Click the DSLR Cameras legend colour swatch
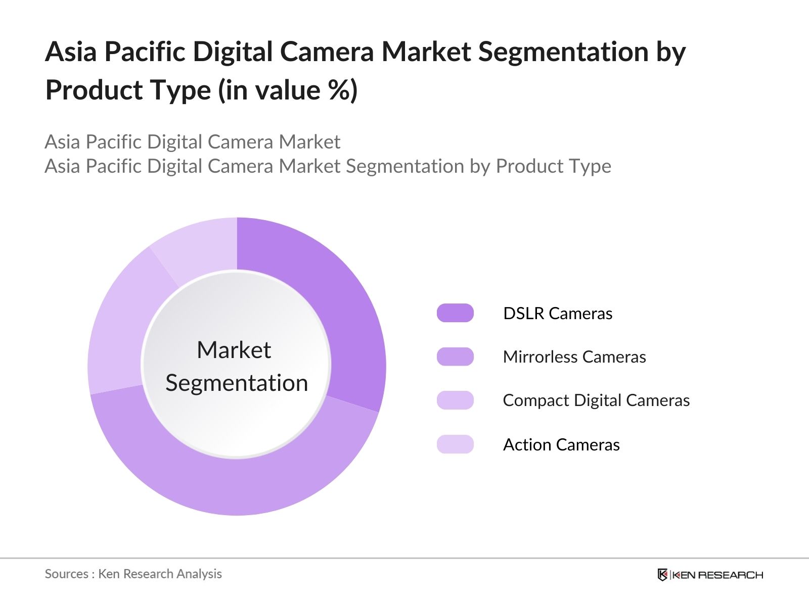coord(455,313)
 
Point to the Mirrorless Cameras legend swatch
coord(455,357)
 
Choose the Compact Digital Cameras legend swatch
coord(455,400)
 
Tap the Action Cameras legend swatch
coord(455,444)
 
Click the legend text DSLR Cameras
coord(558,314)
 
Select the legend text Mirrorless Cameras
coord(574,357)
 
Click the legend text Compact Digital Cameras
coord(596,400)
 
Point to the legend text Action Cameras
coord(561,445)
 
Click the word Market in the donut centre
coord(234,350)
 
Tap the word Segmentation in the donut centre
coord(237,383)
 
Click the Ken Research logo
coord(710,575)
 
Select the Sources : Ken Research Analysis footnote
coord(133,574)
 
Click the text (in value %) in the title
coord(288,90)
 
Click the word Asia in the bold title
coord(71,52)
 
